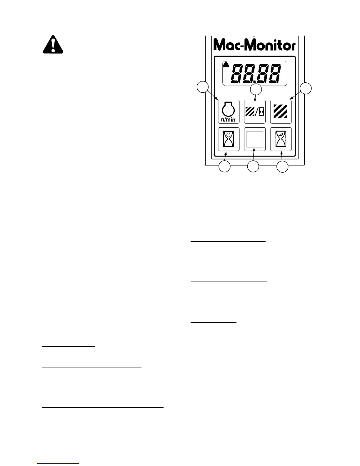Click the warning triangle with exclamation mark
(53, 45)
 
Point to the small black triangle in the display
(226, 65)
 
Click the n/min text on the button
(229, 120)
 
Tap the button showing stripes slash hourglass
(255, 112)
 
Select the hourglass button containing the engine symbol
(229, 139)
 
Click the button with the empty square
(255, 139)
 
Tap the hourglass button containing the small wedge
(281, 139)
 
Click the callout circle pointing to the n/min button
(202, 87)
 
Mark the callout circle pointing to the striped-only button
(306, 88)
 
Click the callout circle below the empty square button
(253, 167)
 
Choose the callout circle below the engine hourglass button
(224, 167)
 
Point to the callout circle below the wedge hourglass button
(282, 167)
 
